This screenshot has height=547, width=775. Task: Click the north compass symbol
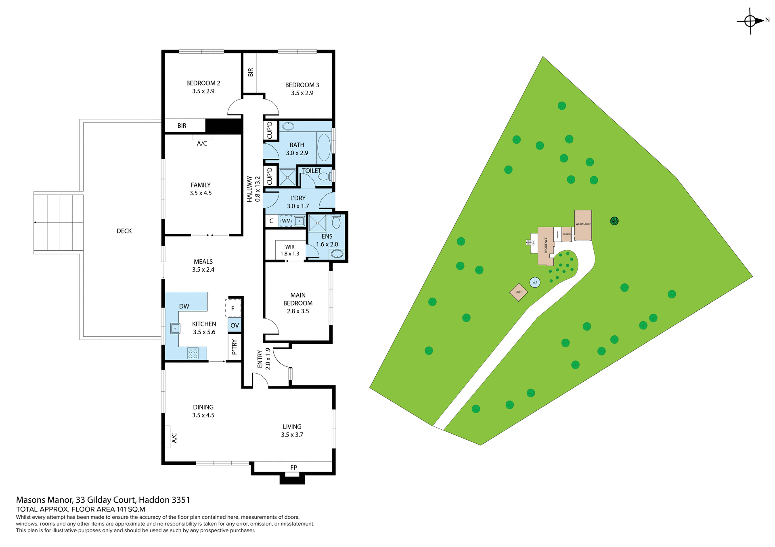click(x=750, y=21)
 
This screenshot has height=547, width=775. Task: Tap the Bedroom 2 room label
click(x=203, y=83)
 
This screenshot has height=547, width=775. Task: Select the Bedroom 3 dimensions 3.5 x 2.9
click(x=302, y=93)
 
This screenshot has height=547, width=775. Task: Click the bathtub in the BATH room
click(x=324, y=148)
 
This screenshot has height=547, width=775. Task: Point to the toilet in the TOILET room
click(x=325, y=176)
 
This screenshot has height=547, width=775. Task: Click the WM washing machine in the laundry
click(x=286, y=221)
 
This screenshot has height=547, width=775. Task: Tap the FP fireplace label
click(x=293, y=468)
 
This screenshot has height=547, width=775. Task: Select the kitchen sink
click(x=175, y=329)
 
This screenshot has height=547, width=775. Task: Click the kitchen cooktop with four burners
click(x=193, y=354)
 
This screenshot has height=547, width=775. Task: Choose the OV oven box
click(x=235, y=325)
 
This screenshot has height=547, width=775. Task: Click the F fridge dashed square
click(x=232, y=308)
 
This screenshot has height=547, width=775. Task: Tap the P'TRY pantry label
click(x=234, y=347)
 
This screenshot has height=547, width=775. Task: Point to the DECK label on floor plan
click(x=124, y=231)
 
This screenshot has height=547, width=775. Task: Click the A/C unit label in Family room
click(x=202, y=144)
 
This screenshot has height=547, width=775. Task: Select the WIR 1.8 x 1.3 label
click(x=290, y=250)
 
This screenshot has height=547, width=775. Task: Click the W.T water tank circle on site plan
click(x=535, y=282)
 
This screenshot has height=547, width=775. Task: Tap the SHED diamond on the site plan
click(x=519, y=292)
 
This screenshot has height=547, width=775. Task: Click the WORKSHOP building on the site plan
click(x=583, y=224)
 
